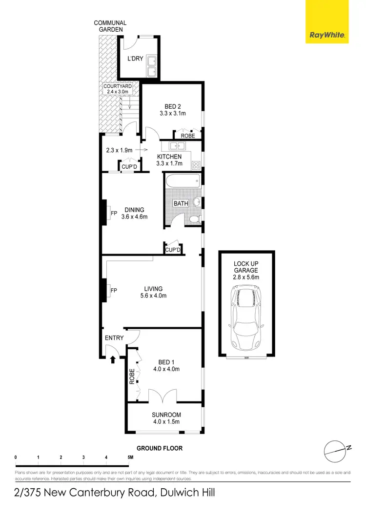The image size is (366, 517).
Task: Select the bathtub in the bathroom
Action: click(x=183, y=182)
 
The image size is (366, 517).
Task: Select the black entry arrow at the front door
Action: click(x=113, y=360)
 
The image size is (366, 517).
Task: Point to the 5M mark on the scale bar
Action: click(x=129, y=457)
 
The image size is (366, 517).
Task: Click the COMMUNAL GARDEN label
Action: click(x=110, y=26)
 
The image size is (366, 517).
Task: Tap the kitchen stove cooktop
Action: click(x=196, y=164)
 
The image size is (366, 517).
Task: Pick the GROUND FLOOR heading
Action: click(x=160, y=448)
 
